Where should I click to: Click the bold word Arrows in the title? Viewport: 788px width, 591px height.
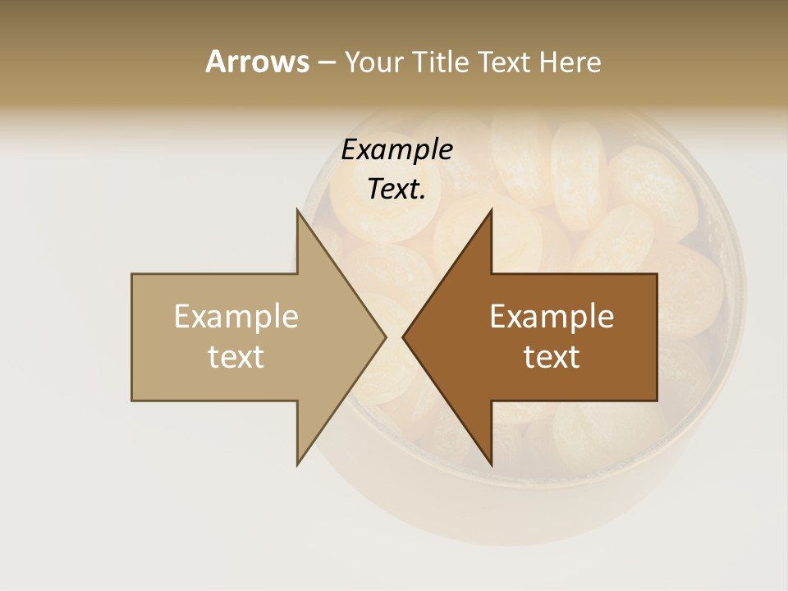click(x=257, y=62)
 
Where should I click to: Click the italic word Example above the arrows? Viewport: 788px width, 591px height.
click(x=396, y=150)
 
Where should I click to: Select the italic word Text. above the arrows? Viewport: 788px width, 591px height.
click(x=396, y=190)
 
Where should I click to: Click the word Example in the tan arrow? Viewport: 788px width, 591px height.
click(x=236, y=317)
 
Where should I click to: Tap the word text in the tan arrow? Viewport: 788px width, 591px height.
click(x=236, y=357)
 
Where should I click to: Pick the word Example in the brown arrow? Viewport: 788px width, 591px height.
click(x=551, y=317)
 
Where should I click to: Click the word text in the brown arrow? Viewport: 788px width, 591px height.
click(x=551, y=357)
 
